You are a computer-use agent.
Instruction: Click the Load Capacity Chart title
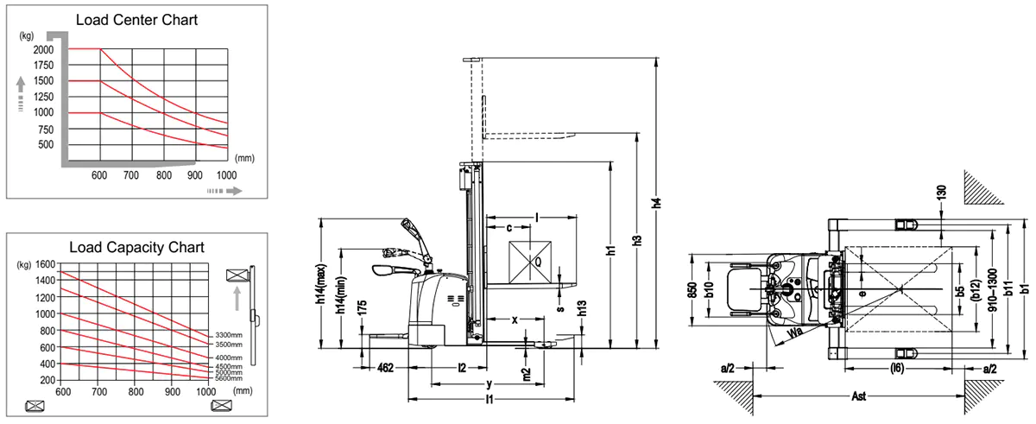point(136,247)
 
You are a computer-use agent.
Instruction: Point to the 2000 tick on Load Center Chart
point(43,50)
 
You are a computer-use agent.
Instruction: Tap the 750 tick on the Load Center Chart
point(45,129)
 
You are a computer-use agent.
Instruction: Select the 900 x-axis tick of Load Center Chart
point(195,176)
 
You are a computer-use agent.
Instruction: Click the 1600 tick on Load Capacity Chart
point(45,264)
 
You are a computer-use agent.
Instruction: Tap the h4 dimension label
point(657,204)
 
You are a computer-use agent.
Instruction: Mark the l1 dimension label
point(490,400)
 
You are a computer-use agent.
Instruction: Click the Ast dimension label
point(858,398)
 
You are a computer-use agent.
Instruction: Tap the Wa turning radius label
point(792,331)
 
